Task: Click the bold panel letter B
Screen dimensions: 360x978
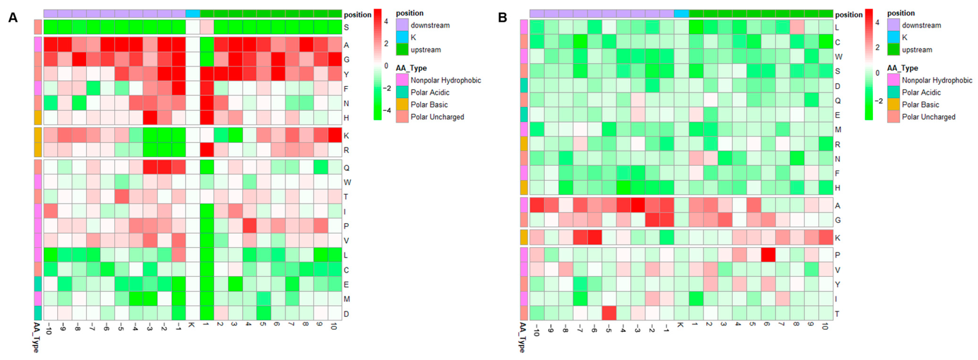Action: pyautogui.click(x=502, y=17)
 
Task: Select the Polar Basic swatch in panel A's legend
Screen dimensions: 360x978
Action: pyautogui.click(x=402, y=104)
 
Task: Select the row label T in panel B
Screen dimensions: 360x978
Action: pyautogui.click(x=837, y=314)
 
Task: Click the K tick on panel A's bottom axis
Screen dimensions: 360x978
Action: pyautogui.click(x=192, y=325)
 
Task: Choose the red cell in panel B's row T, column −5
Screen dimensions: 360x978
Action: pyautogui.click(x=609, y=313)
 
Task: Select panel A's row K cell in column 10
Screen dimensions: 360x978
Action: pyautogui.click(x=335, y=135)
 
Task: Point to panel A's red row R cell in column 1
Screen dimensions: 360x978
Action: pyautogui.click(x=207, y=150)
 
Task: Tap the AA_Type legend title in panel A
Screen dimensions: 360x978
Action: pyautogui.click(x=411, y=68)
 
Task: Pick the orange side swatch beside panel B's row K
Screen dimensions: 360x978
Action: pyautogui.click(x=524, y=237)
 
